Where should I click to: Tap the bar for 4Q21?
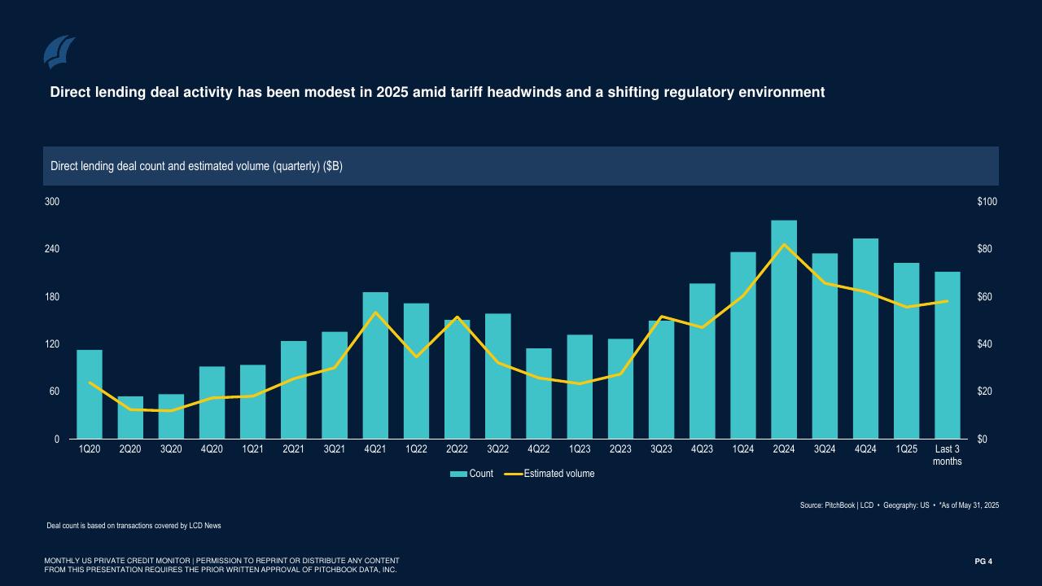(x=375, y=365)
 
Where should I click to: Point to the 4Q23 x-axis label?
(x=702, y=449)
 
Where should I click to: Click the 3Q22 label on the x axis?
(x=497, y=449)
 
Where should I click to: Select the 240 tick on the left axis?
(x=51, y=249)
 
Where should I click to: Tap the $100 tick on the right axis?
(x=987, y=202)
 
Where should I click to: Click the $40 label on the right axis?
(x=984, y=344)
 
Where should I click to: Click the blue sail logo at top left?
(x=59, y=52)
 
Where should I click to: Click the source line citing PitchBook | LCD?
(x=899, y=505)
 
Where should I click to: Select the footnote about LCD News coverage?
(x=134, y=526)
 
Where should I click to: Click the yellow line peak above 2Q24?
(x=784, y=244)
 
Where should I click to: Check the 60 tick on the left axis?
(x=54, y=391)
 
